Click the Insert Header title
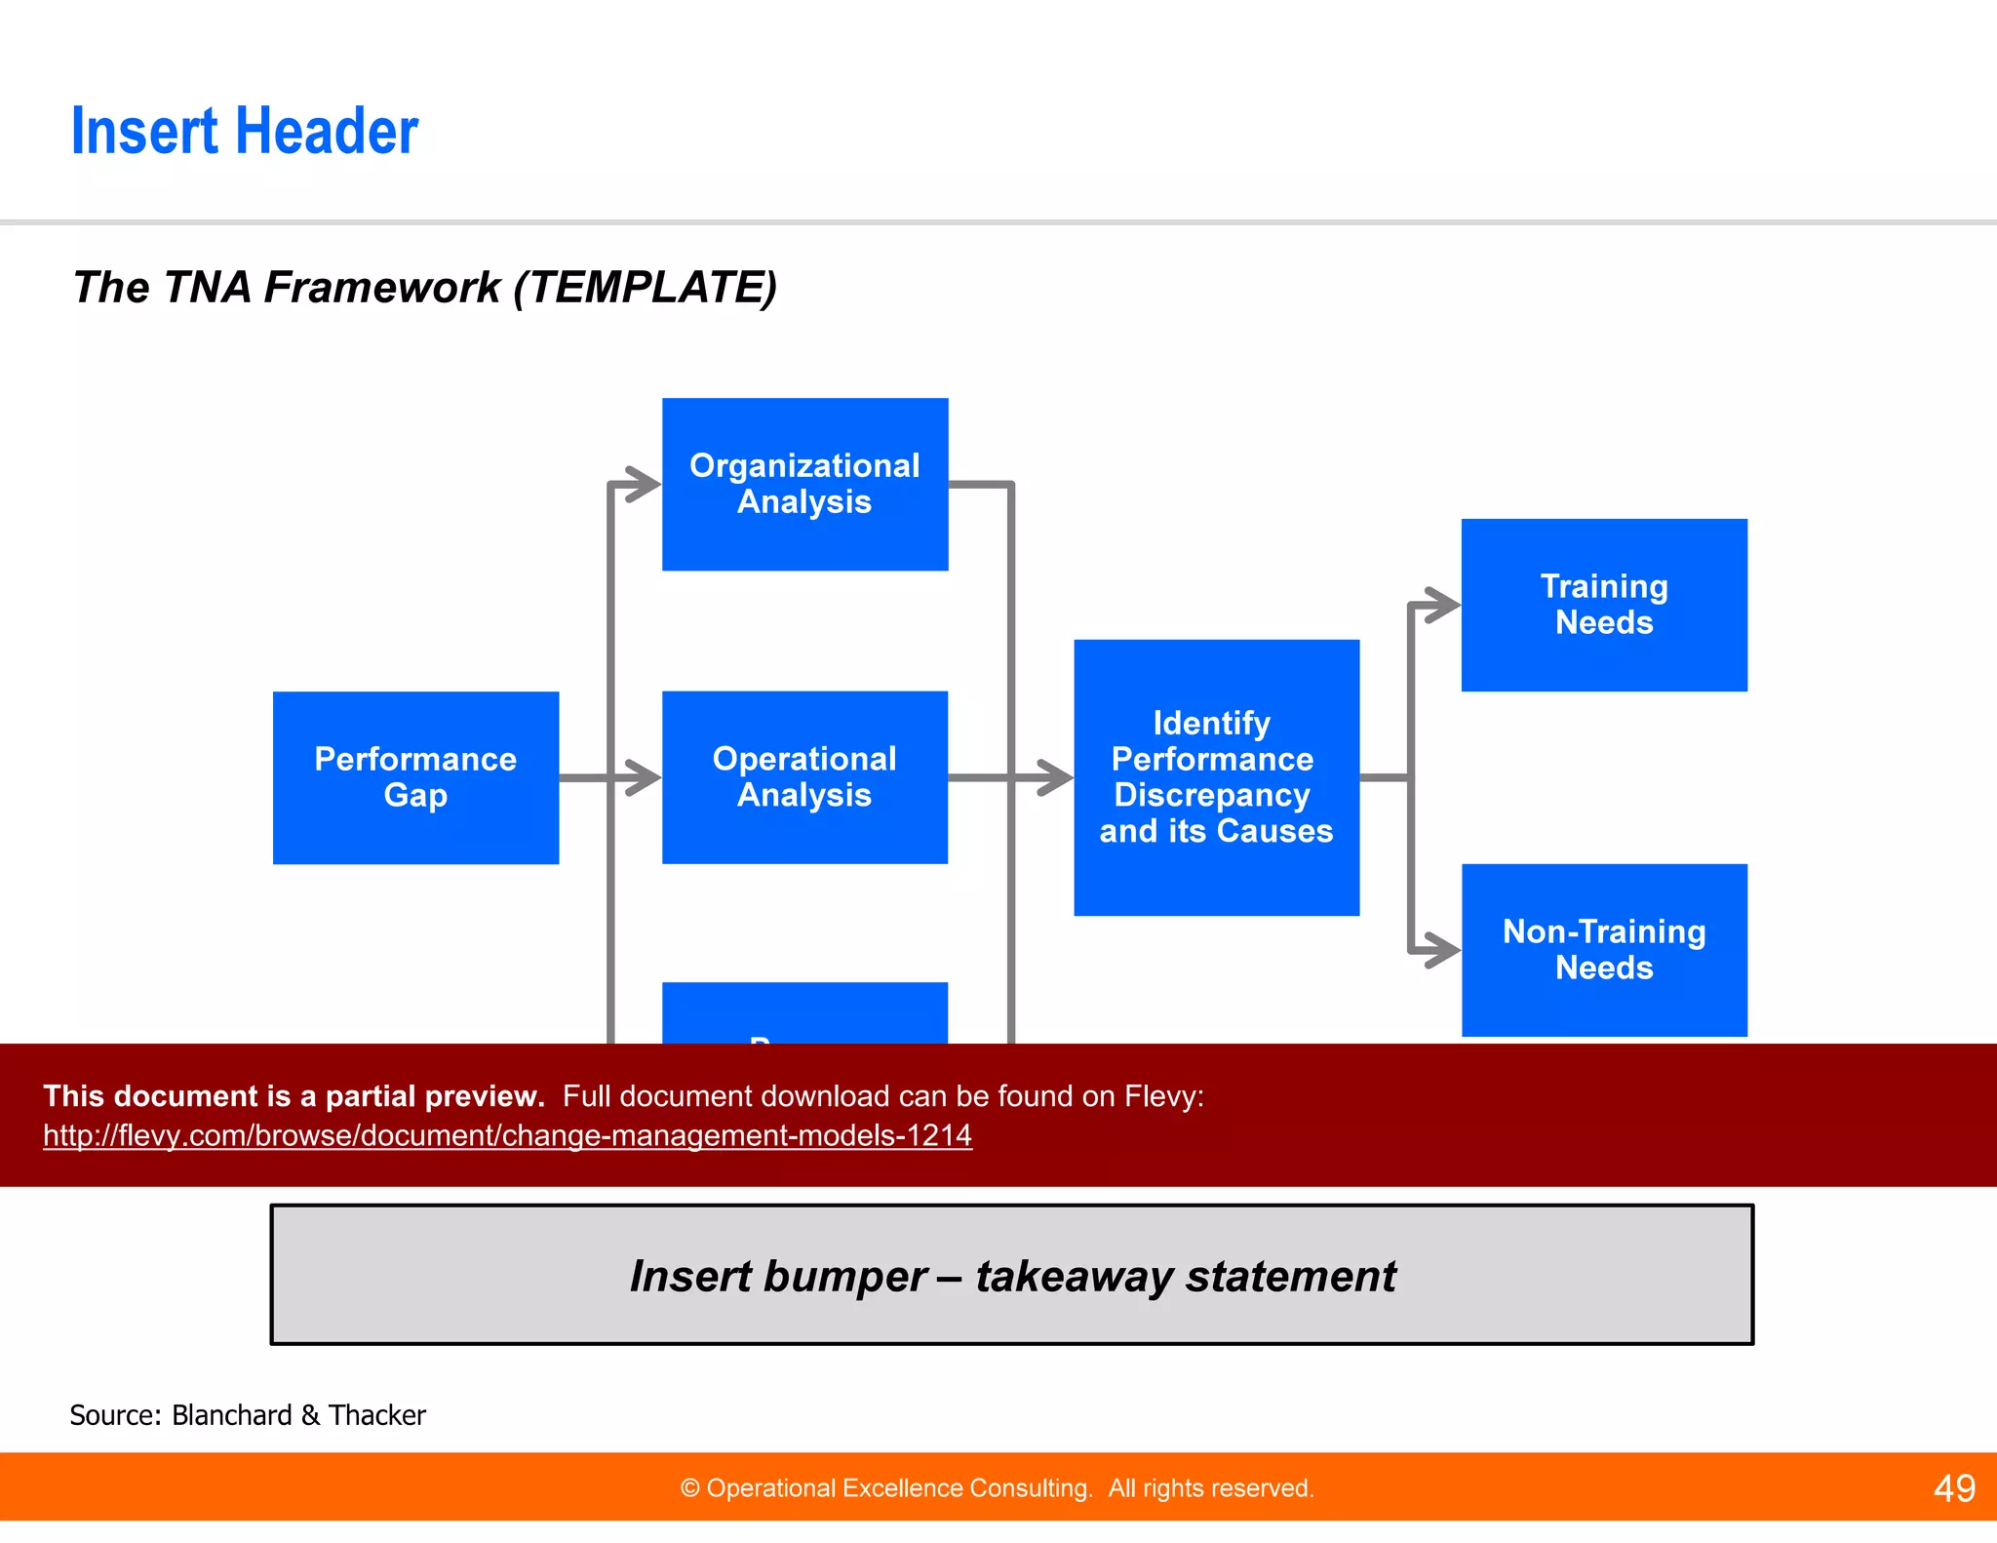point(245,132)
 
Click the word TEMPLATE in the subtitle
point(645,288)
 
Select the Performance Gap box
point(415,777)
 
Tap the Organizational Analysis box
point(804,484)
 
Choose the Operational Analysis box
point(804,777)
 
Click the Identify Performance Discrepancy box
point(1216,777)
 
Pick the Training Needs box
point(1604,605)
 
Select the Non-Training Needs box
point(1604,950)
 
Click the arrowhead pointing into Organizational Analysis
point(646,484)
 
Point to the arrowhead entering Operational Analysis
point(646,777)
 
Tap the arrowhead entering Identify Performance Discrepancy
point(1057,777)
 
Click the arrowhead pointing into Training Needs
point(1445,605)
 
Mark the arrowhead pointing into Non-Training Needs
point(1445,950)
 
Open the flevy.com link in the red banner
point(507,1135)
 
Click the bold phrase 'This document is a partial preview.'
point(294,1096)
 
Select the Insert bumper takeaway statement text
point(1012,1276)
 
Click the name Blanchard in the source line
point(231,1415)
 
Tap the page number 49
point(1953,1488)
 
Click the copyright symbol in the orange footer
point(689,1488)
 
